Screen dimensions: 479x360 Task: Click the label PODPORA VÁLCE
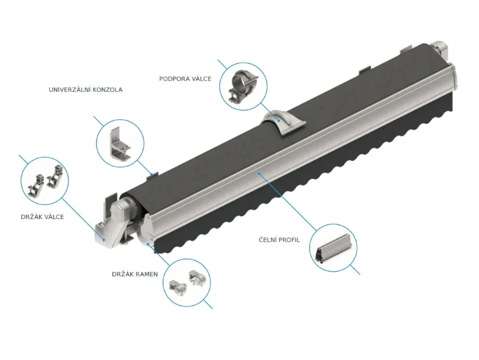[185, 79]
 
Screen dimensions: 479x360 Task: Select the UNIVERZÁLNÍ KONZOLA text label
[86, 89]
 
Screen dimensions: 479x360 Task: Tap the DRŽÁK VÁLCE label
[43, 217]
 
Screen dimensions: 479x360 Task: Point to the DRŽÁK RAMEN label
[135, 274]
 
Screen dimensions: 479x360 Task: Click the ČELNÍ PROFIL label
[279, 240]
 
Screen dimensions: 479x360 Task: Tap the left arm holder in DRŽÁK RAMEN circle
[178, 287]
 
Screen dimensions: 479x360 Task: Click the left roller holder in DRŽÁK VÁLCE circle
[37, 184]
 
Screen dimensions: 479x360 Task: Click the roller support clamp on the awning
[283, 122]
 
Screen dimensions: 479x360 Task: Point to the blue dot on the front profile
[259, 174]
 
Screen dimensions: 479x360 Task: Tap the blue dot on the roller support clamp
[279, 120]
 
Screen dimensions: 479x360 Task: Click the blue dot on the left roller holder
[104, 240]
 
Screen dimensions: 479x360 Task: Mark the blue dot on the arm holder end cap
[148, 243]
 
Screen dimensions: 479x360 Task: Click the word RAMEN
[147, 274]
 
